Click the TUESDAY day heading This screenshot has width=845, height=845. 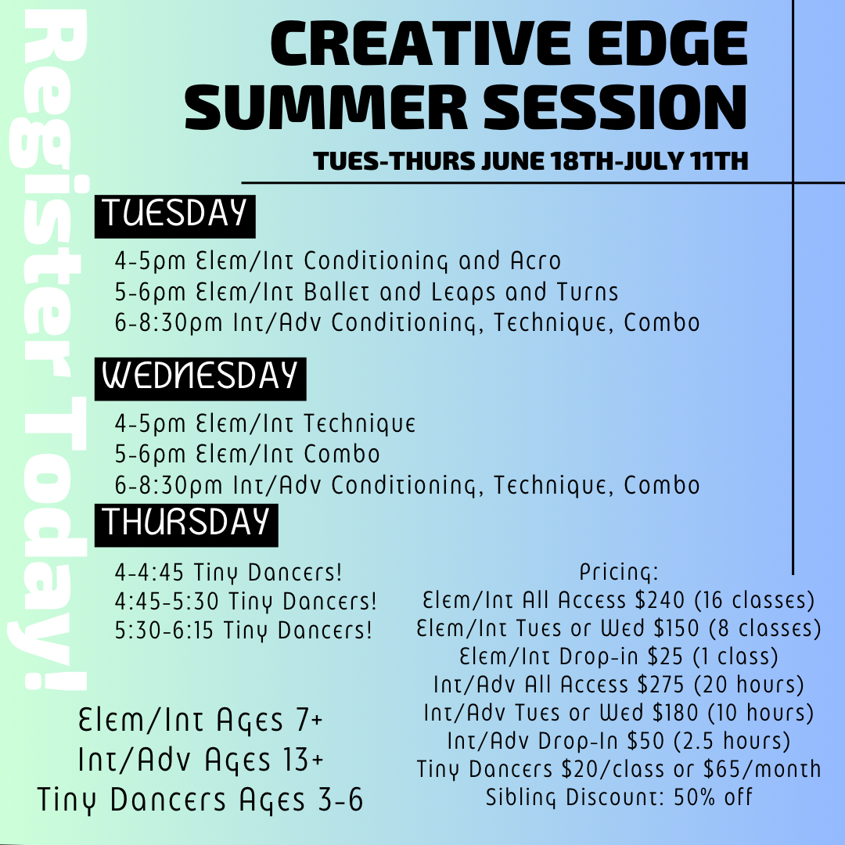tap(174, 214)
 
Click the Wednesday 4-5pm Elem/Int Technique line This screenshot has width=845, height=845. tap(264, 424)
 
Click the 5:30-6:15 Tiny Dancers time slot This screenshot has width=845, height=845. tap(243, 630)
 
